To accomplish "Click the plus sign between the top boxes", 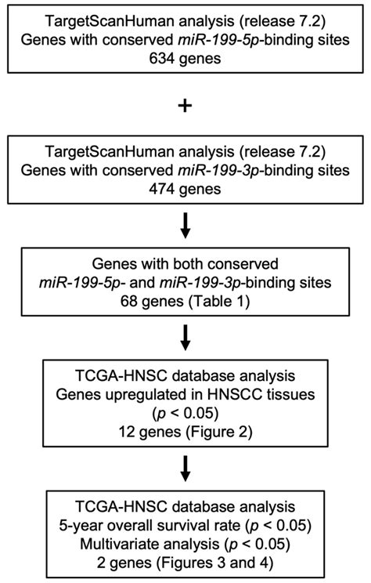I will [x=185, y=107].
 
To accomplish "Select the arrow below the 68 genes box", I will [x=185, y=337].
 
